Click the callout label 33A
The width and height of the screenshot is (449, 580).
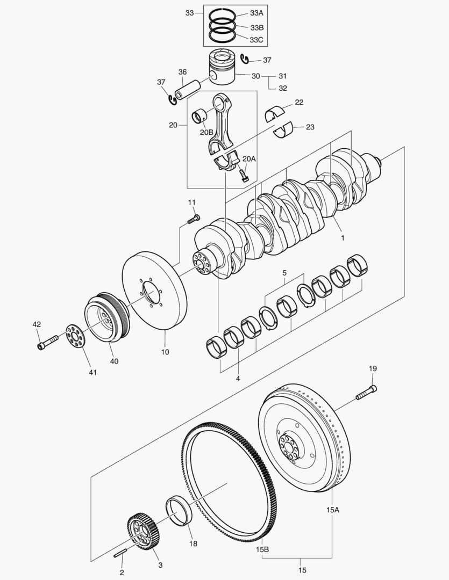coord(256,13)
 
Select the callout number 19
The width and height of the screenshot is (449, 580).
coord(373,368)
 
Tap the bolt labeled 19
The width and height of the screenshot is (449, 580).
coord(366,393)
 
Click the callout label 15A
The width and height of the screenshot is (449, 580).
coord(332,509)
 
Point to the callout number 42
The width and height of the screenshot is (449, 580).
coord(37,324)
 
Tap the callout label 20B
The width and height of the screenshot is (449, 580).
coord(206,132)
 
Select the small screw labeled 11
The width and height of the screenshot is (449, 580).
coord(193,219)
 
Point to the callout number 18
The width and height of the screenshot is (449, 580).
coord(193,543)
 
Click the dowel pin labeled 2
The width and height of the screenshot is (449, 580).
coord(120,553)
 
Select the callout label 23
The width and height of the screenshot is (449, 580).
coord(310,127)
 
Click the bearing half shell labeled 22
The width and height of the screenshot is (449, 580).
coord(277,112)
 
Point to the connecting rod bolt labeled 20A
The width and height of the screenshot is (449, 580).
coord(244,175)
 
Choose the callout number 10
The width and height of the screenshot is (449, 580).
coord(165,352)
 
